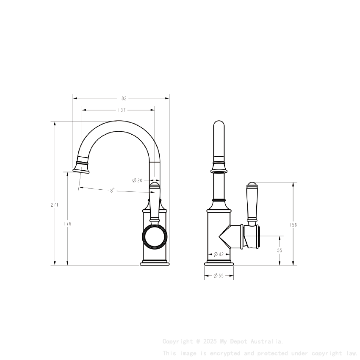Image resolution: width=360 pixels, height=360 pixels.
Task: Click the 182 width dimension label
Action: click(122, 98)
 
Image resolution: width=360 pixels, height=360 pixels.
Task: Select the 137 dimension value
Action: click(122, 110)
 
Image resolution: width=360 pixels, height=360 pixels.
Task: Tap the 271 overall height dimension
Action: click(55, 205)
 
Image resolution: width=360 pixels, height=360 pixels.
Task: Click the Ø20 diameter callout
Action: click(137, 180)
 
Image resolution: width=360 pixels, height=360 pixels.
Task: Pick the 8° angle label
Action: click(112, 191)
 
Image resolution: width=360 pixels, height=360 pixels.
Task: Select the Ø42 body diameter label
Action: click(219, 254)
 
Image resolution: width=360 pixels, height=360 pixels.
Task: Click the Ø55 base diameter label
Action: click(219, 276)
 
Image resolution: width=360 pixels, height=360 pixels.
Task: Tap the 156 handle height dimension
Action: click(293, 225)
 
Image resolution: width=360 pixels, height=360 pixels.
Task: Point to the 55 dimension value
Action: click(280, 250)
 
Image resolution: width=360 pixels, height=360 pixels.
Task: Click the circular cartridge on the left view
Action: click(154, 236)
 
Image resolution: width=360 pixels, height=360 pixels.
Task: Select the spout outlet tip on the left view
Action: click(82, 169)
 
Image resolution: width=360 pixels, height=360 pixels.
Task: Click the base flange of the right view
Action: click(219, 263)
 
